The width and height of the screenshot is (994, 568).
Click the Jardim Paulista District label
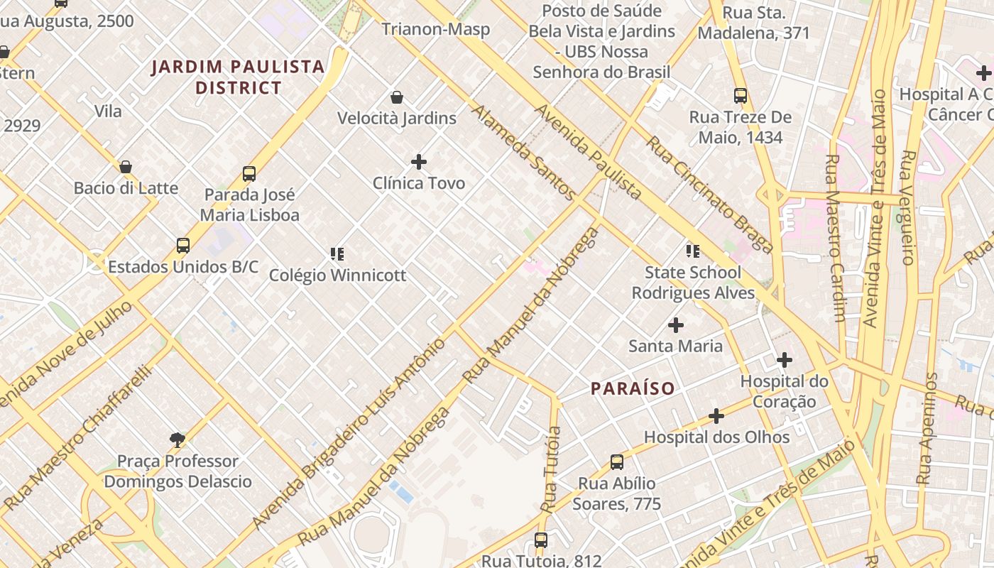(239, 77)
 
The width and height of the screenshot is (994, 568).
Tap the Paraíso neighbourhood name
(633, 388)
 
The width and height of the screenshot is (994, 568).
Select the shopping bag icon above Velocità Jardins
(397, 97)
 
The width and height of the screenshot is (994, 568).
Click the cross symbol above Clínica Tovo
(419, 162)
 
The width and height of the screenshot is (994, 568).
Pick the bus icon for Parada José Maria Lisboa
(249, 173)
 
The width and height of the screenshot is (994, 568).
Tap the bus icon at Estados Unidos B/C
(183, 246)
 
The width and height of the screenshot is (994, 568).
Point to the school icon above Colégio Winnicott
(337, 253)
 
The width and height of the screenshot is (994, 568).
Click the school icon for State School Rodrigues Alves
(693, 251)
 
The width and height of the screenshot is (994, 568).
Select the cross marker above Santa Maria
(676, 325)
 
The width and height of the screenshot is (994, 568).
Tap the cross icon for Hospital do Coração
(784, 360)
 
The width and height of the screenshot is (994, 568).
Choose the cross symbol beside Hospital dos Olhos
(716, 415)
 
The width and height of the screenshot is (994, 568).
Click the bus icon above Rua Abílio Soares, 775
(617, 462)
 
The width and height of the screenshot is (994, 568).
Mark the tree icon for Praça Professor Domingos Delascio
(177, 440)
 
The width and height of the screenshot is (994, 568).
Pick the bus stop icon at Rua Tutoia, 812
(541, 540)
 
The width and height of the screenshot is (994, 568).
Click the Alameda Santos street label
(523, 153)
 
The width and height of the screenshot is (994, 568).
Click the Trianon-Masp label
(435, 29)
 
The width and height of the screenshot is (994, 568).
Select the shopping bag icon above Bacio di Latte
(126, 167)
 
